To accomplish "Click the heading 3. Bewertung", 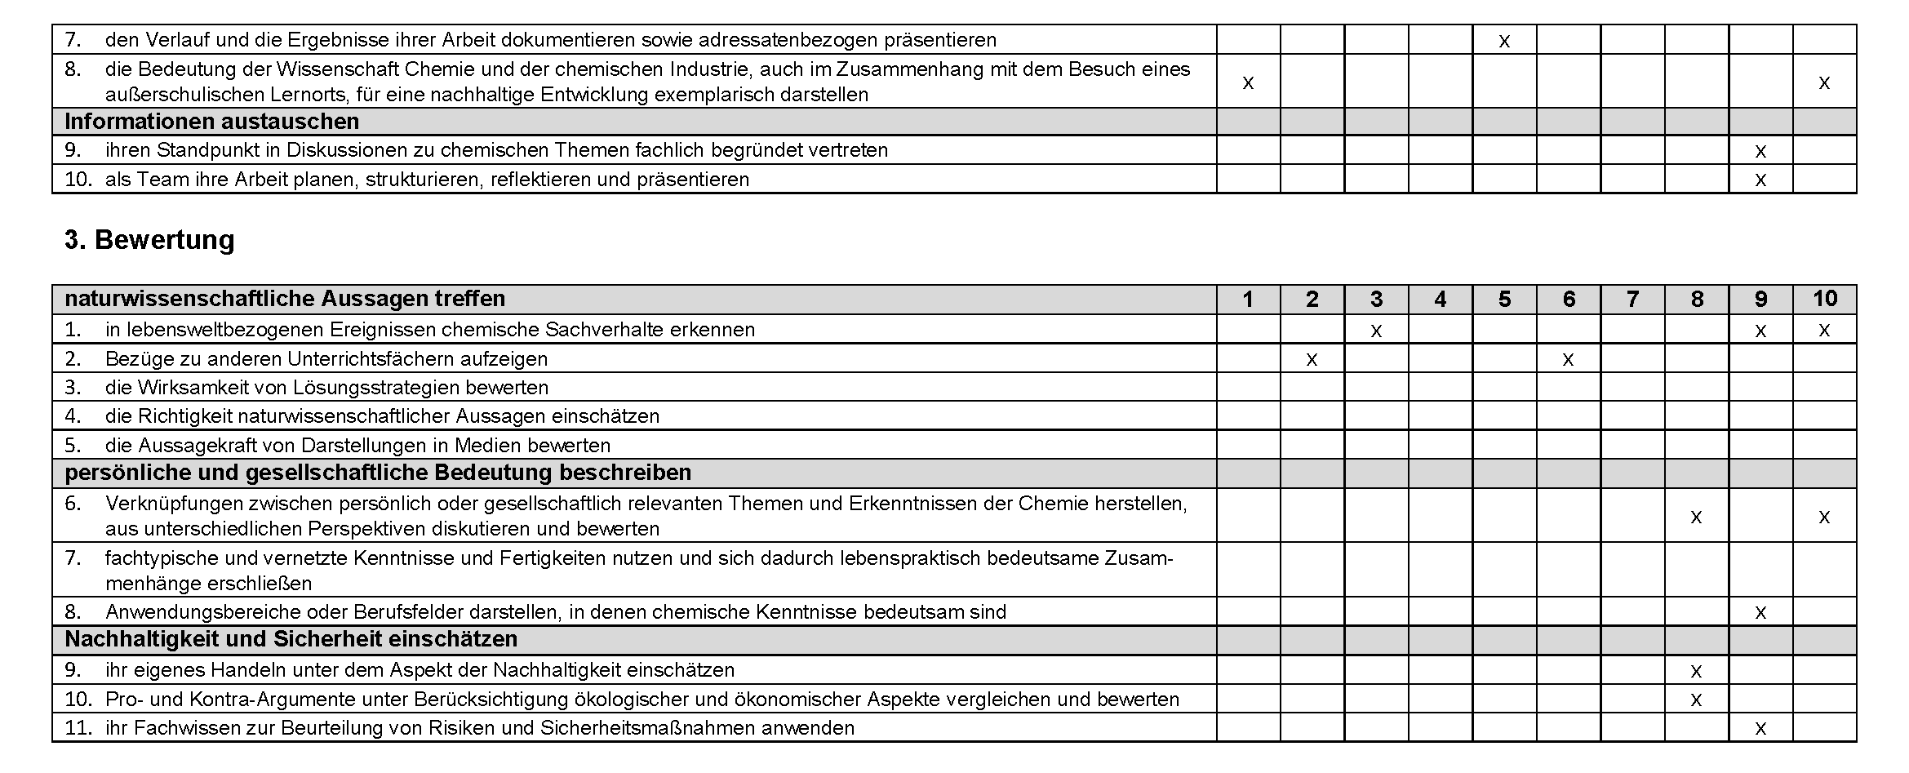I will [149, 240].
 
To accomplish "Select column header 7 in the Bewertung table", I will [1632, 300].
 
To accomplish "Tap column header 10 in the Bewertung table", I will [1825, 300].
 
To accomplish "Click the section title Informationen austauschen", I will [211, 122].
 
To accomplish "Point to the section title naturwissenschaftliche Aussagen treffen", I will [285, 300].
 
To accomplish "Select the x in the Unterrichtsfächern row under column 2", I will [1312, 360].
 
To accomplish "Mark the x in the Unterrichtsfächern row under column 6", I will [1568, 360].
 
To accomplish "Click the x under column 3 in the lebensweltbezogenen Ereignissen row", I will [1376, 331].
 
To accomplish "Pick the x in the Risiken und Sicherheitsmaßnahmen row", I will [1760, 729].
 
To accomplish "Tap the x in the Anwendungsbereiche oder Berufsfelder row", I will [1760, 613].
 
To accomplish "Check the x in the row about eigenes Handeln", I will [1696, 672].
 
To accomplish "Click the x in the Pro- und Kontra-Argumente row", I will [1696, 700].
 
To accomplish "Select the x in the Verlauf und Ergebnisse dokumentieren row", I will [1504, 41].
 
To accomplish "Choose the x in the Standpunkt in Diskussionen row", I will [1760, 152].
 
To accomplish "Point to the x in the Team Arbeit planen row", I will [1760, 180].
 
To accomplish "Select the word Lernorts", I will [313, 95].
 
